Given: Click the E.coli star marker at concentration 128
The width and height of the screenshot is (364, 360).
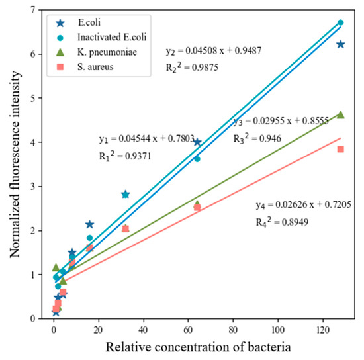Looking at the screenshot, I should click(340, 44).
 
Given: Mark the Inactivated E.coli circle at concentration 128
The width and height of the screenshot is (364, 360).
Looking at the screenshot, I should click(340, 22).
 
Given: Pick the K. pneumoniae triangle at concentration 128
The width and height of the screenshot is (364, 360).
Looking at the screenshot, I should click(340, 114).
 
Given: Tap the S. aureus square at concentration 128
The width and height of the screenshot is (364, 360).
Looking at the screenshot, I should click(340, 149).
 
